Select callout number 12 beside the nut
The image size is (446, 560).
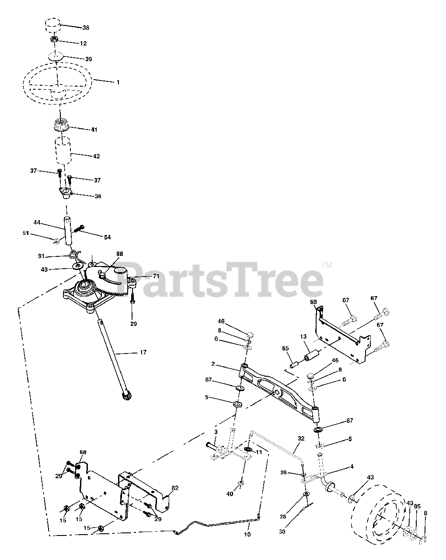(83, 43)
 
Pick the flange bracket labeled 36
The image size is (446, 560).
(65, 192)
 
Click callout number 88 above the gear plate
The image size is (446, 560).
(120, 253)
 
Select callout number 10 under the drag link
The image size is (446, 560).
(247, 535)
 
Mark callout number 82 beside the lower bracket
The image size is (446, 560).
(175, 488)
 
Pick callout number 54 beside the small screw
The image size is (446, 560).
(107, 237)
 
